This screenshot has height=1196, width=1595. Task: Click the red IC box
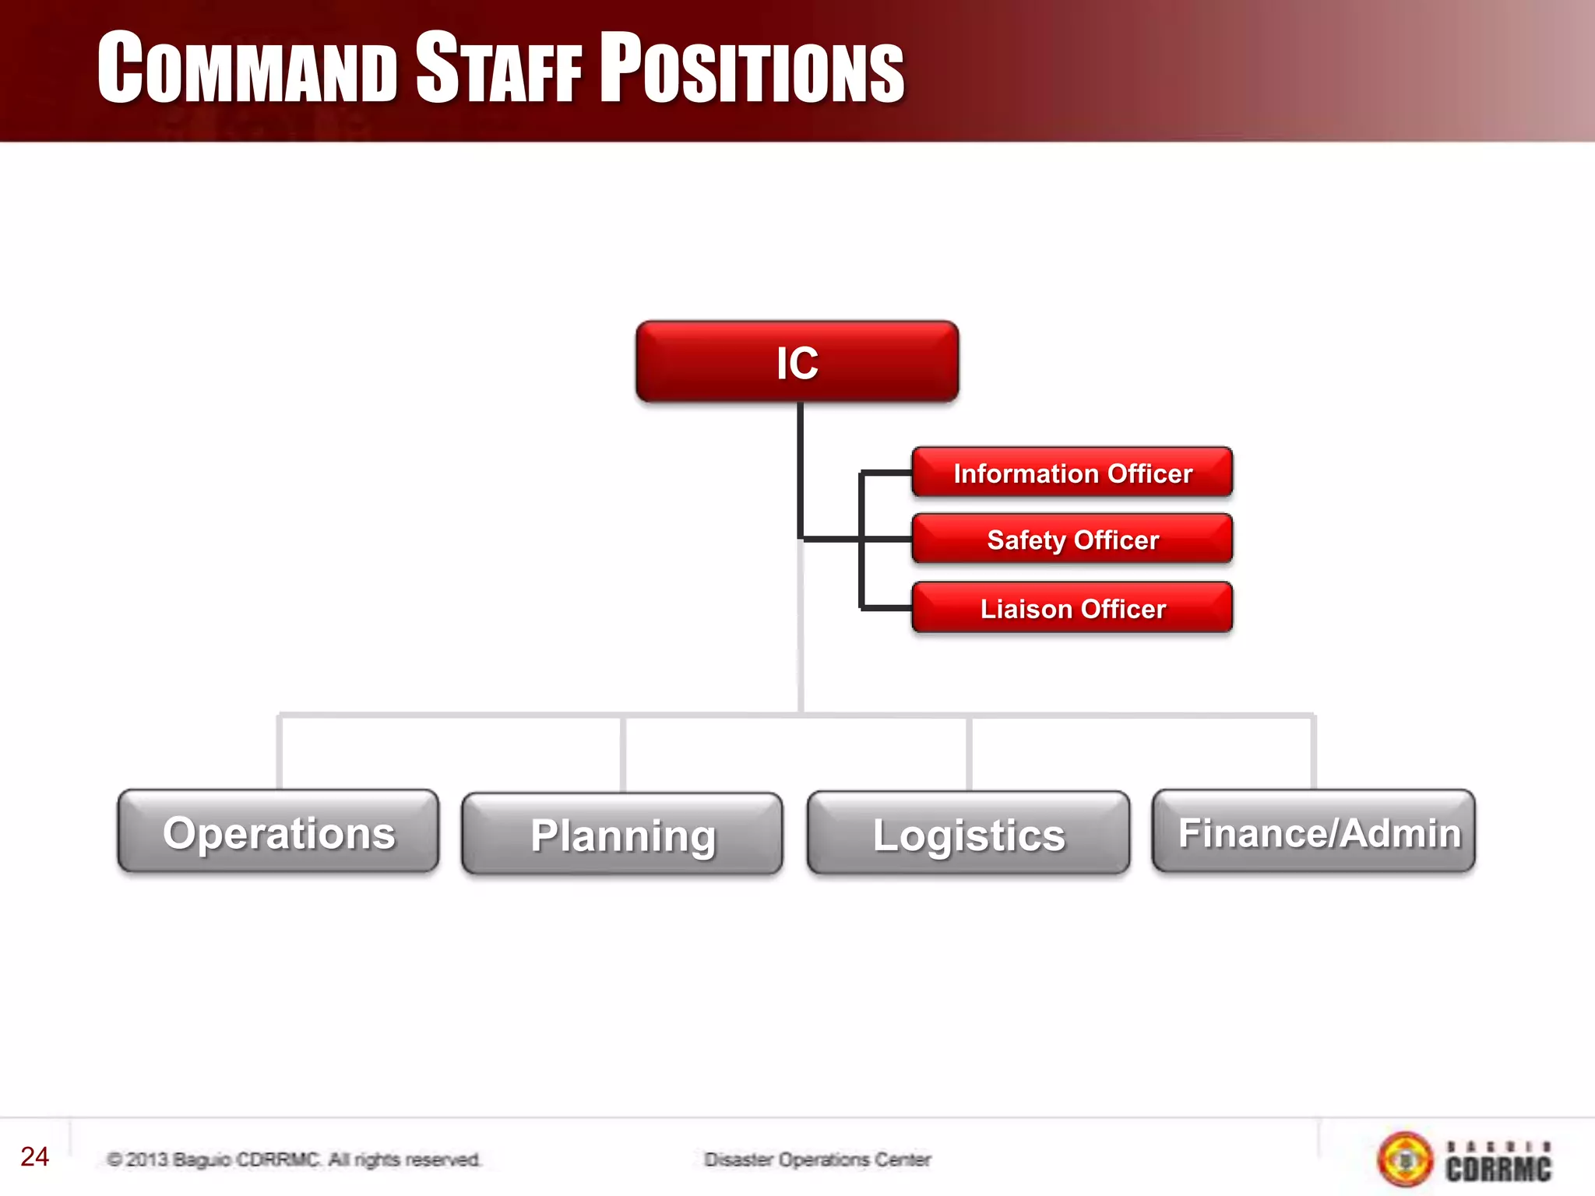pyautogui.click(x=797, y=362)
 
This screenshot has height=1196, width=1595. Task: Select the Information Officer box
pyautogui.click(x=1072, y=473)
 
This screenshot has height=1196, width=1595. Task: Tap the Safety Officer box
pyautogui.click(x=1072, y=539)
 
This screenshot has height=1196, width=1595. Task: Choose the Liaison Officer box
pyautogui.click(x=1072, y=608)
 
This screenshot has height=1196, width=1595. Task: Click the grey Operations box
pyautogui.click(x=278, y=832)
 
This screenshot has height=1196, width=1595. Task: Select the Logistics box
pyautogui.click(x=968, y=834)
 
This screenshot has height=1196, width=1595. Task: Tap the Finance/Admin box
pyautogui.click(x=1314, y=832)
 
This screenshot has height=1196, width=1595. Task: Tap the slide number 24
pyautogui.click(x=34, y=1156)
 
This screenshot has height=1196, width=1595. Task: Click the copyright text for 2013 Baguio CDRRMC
pyautogui.click(x=294, y=1159)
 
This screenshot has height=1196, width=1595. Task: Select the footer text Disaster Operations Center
pyautogui.click(x=817, y=1159)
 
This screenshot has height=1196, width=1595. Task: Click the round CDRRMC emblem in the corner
pyautogui.click(x=1405, y=1159)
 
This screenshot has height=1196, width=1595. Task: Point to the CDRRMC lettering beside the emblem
pyautogui.click(x=1498, y=1166)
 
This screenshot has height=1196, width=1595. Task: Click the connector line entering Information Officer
pyautogui.click(x=886, y=473)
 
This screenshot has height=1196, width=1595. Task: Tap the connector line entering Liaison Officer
pyautogui.click(x=886, y=607)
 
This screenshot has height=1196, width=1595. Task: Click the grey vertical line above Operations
pyautogui.click(x=279, y=752)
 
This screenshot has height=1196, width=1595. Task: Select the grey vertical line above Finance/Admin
pyautogui.click(x=1314, y=752)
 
